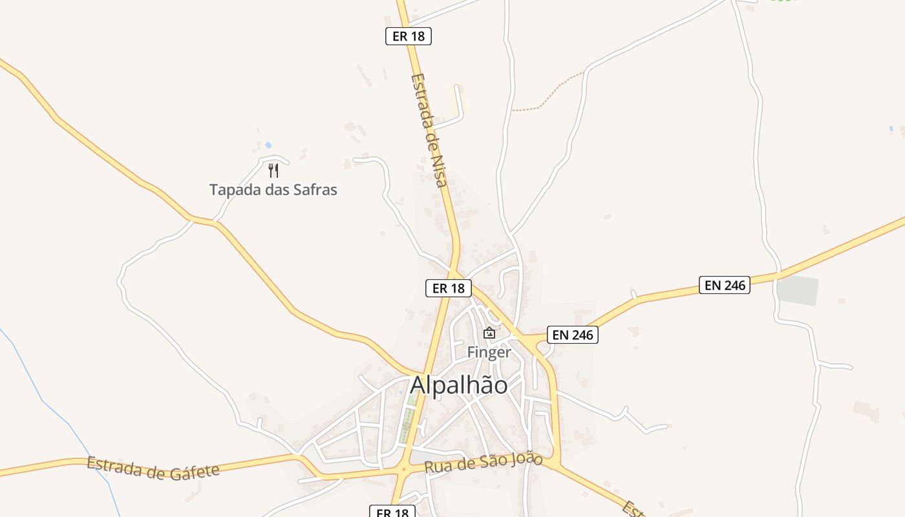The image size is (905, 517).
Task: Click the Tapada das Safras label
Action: coord(273,190)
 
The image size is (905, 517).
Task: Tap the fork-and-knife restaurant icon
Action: coord(273,171)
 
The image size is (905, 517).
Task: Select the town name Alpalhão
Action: coord(459,385)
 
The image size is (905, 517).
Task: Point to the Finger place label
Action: coord(489,352)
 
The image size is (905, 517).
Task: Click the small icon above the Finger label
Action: coord(489,333)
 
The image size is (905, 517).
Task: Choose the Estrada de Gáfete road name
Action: coord(153,468)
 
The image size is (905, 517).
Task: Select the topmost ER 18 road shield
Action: coord(409,36)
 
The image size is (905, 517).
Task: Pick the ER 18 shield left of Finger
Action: coord(448,288)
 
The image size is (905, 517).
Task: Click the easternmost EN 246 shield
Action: coord(724,284)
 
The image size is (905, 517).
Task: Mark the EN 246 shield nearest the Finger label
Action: coord(572,335)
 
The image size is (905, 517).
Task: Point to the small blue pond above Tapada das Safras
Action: coord(268,145)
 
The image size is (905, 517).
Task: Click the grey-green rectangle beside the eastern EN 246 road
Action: coord(797,291)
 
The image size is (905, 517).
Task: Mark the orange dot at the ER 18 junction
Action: coord(403,470)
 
